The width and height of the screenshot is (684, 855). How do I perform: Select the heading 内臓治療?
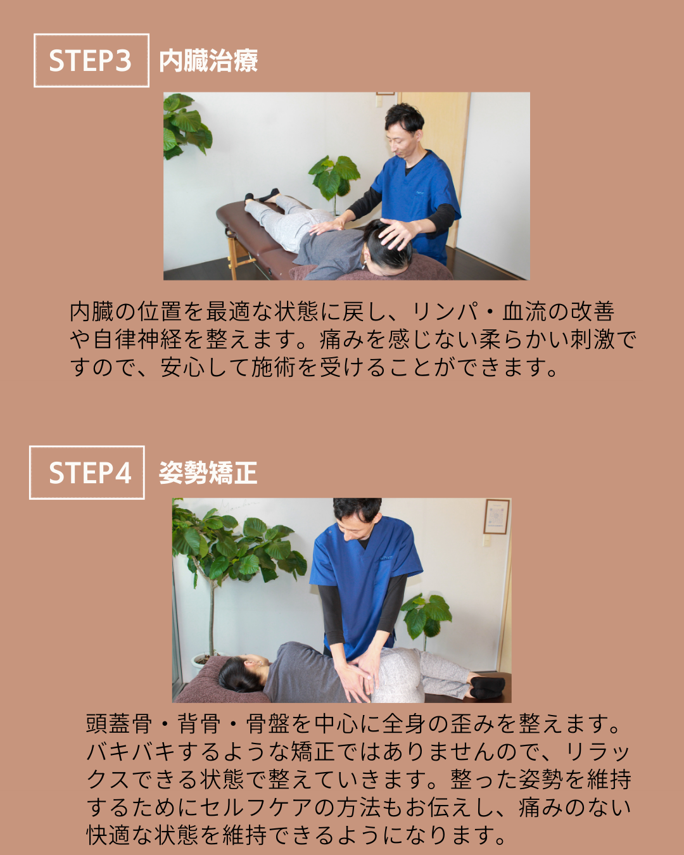208,61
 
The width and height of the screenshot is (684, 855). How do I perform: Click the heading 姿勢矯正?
208,473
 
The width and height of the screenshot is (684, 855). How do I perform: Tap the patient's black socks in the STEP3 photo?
262,195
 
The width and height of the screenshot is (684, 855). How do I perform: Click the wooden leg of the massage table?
232,255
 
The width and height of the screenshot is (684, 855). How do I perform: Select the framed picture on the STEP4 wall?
497,516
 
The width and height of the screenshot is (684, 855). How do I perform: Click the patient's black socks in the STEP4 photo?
487,687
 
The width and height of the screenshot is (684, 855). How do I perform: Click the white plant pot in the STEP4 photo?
201,661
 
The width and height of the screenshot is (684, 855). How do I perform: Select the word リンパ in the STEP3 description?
445,311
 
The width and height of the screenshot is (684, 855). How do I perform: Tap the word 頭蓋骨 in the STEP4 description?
119,723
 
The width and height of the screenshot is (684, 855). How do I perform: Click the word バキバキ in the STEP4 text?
130,751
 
